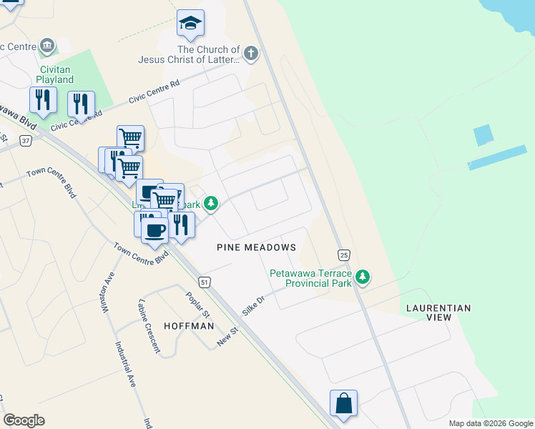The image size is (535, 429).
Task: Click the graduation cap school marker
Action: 190,24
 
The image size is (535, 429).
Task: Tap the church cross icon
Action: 250,52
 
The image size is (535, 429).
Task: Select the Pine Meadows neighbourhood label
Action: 256,247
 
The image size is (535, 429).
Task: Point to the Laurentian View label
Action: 438,313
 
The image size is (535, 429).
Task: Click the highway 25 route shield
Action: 344,255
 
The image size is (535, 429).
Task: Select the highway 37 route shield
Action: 26,141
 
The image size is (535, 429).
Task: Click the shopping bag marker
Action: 343,403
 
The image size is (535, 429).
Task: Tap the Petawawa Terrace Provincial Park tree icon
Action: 363,277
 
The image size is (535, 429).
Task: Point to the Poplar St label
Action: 197,305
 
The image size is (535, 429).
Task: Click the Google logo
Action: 24,420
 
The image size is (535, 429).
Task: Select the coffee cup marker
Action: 154,230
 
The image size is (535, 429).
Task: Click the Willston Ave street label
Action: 109,292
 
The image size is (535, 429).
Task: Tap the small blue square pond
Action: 484,135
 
